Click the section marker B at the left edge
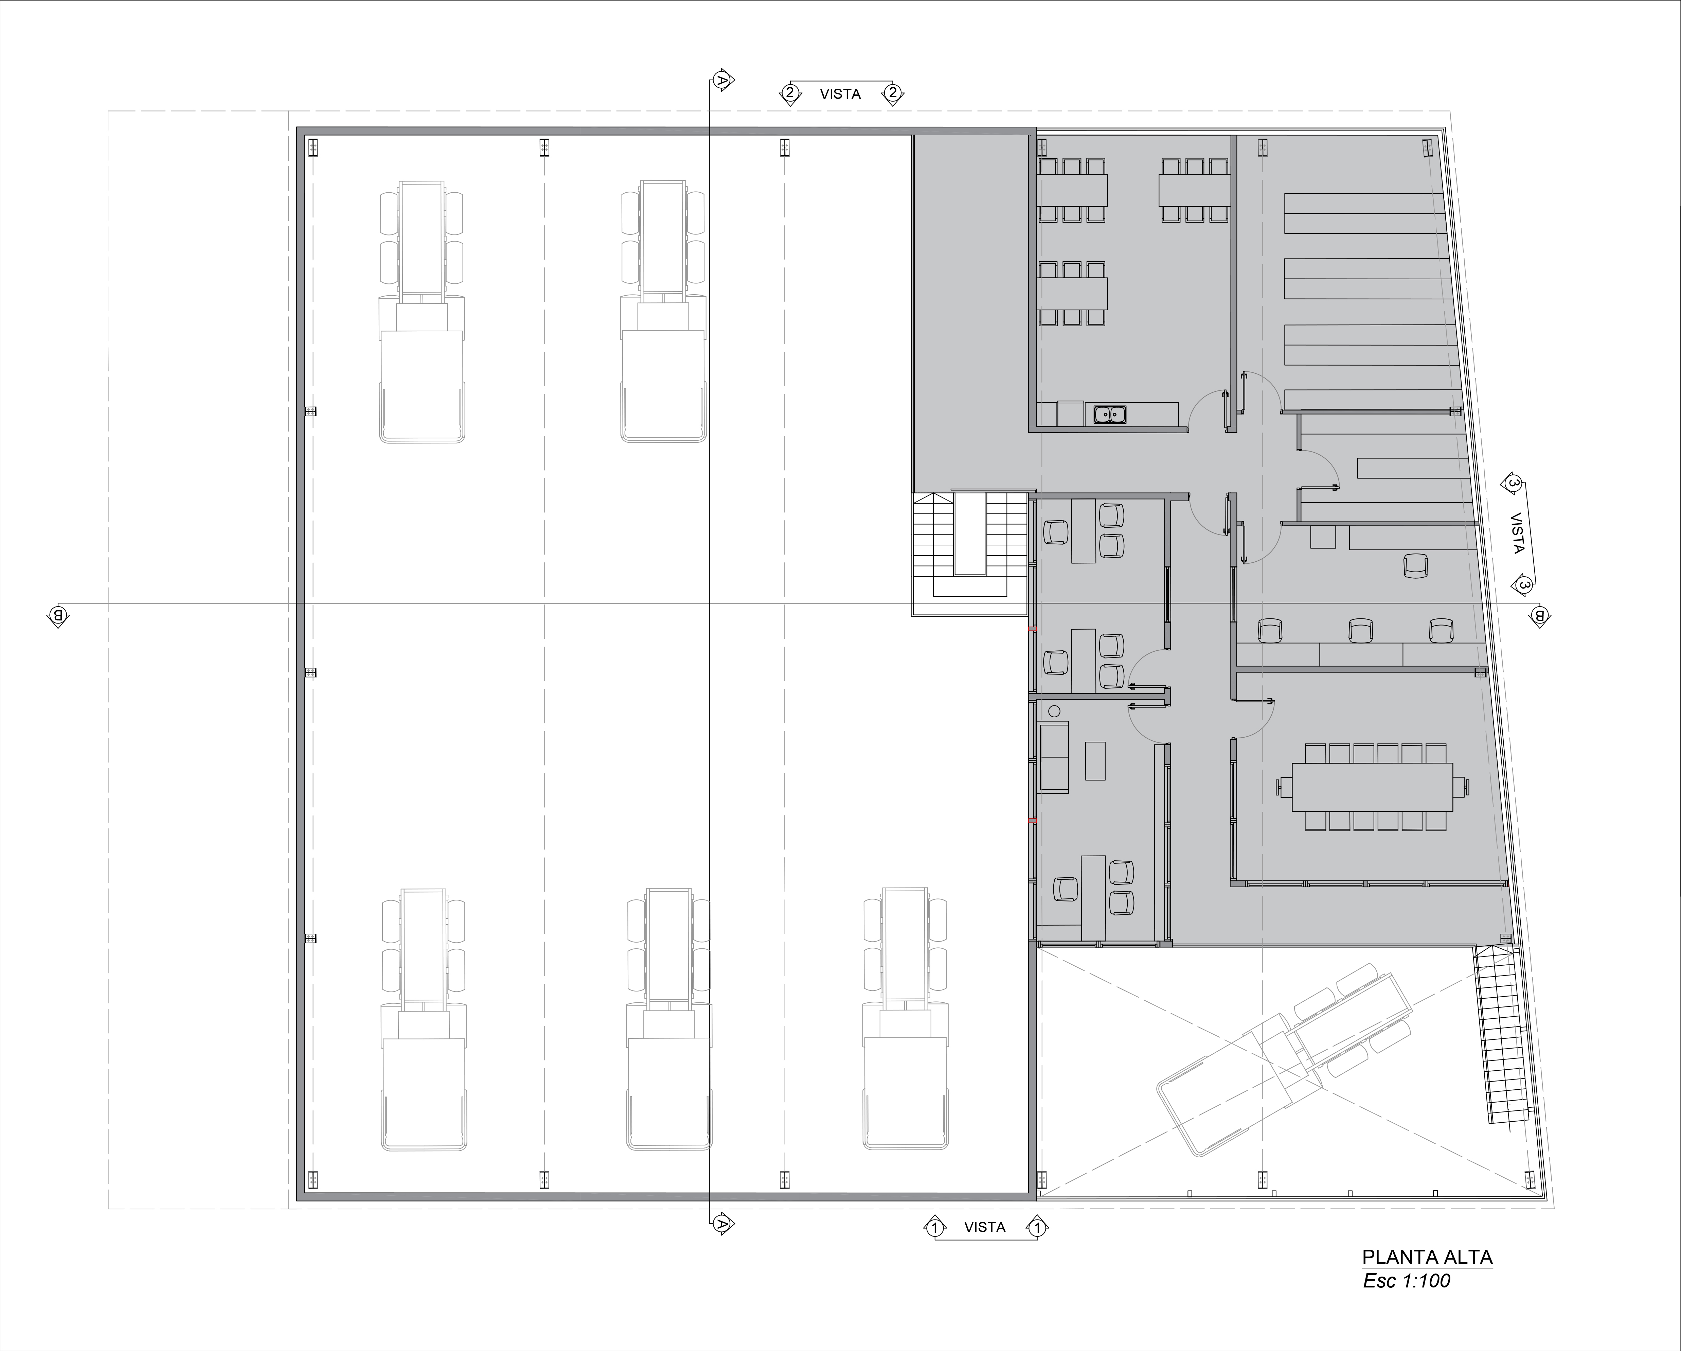pos(58,615)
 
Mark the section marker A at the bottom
pos(723,1224)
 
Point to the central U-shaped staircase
pos(970,554)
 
